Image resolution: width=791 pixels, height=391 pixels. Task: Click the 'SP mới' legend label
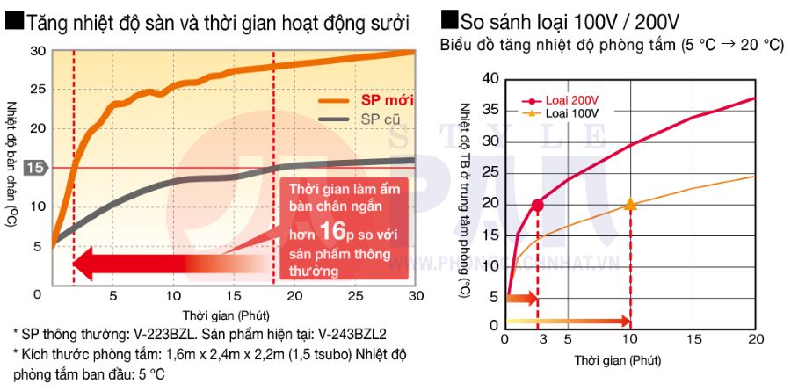[388, 99]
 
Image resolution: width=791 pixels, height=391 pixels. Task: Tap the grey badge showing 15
[33, 168]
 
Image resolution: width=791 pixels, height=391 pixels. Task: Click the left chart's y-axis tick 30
[37, 51]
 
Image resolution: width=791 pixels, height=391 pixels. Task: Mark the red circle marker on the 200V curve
[537, 205]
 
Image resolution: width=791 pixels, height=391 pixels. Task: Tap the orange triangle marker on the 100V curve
[630, 204]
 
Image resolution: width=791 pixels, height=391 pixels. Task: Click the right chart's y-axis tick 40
[490, 80]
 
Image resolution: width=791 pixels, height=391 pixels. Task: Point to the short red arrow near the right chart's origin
[519, 299]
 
